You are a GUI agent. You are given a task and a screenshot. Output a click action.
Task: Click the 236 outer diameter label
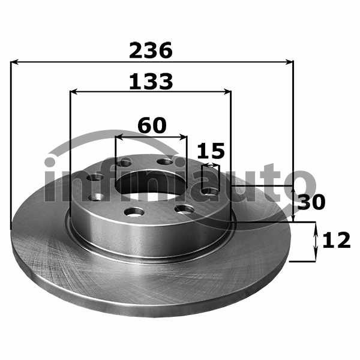[151, 50]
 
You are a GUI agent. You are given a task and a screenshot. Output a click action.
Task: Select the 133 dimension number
[151, 81]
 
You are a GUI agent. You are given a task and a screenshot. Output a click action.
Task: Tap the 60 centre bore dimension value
[152, 125]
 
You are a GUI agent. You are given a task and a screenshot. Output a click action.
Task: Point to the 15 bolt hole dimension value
[211, 151]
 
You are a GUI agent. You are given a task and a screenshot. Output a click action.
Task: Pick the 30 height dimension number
[311, 202]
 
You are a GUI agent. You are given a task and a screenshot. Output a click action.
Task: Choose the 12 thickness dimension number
[337, 240]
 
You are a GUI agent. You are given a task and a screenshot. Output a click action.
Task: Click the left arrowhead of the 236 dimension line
[14, 62]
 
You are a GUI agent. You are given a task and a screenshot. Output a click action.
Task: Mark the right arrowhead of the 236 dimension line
[289, 62]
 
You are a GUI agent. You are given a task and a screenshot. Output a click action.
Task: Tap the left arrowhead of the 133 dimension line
[73, 92]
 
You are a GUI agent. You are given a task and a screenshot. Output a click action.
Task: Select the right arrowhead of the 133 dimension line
[227, 92]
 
